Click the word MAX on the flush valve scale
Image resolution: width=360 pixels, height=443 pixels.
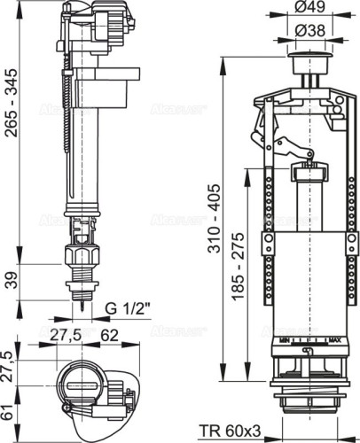[339, 340]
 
